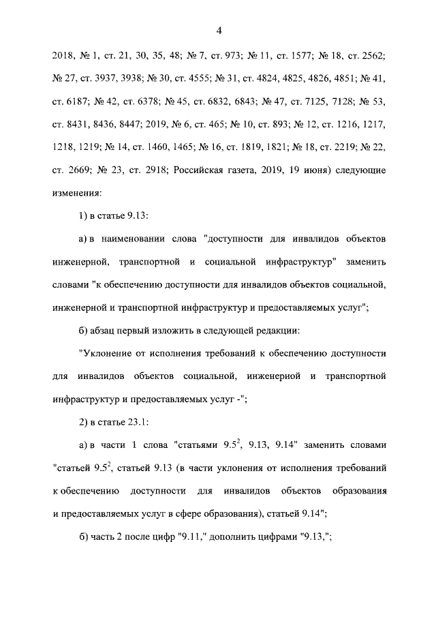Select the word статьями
click(x=200, y=447)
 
